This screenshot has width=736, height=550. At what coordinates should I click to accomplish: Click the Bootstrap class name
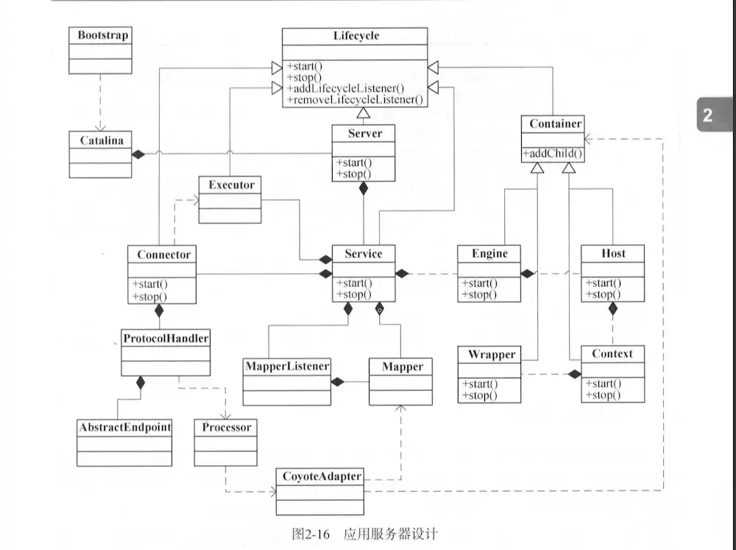[100, 35]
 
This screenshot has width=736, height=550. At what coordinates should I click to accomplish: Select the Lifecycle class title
[355, 35]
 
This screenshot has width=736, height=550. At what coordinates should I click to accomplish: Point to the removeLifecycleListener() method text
[355, 99]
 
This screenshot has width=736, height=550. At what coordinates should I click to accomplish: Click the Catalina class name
[100, 138]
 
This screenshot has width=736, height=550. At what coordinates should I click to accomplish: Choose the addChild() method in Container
[553, 154]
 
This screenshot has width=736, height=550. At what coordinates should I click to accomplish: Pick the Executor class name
[230, 185]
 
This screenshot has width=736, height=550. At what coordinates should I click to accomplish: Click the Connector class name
[163, 254]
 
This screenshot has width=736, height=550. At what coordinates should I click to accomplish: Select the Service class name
[363, 253]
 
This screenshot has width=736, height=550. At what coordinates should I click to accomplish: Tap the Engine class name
[489, 253]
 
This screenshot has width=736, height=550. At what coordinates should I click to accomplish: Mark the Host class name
[612, 253]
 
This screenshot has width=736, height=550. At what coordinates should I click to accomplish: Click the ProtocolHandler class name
[165, 339]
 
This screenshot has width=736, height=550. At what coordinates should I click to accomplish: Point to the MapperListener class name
[286, 365]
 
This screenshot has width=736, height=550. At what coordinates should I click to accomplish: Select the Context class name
[612, 353]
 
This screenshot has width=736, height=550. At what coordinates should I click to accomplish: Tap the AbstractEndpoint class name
[124, 427]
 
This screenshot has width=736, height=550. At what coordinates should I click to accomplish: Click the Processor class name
[226, 427]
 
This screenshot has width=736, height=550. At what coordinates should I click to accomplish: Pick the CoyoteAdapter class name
[320, 476]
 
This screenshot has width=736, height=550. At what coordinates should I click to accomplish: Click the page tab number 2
[707, 115]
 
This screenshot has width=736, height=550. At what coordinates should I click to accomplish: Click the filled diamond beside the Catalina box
[137, 155]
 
